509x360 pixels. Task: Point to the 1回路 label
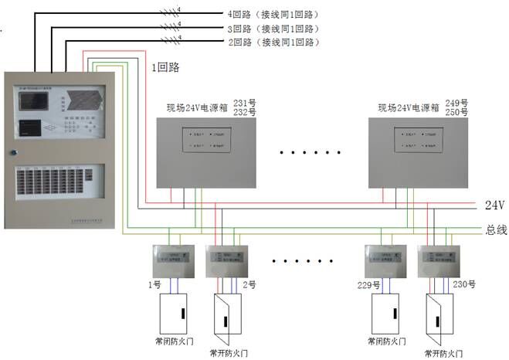[x=165, y=67]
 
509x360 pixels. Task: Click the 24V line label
[x=494, y=205]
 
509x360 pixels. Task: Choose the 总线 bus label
[x=495, y=229]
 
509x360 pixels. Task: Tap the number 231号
[x=245, y=103]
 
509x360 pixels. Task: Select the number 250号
[x=458, y=113]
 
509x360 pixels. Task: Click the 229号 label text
[x=369, y=285]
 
